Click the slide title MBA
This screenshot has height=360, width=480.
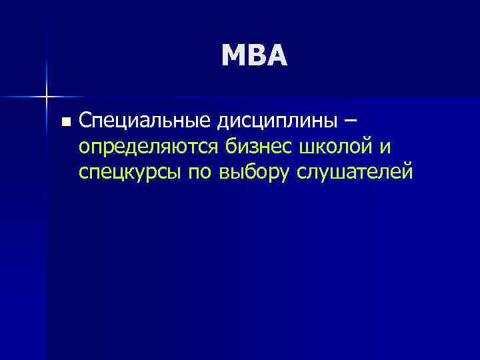255,56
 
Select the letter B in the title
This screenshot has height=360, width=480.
257,56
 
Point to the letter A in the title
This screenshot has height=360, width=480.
277,56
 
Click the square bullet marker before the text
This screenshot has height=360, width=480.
65,122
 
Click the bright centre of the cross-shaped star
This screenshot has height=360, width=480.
46,96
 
